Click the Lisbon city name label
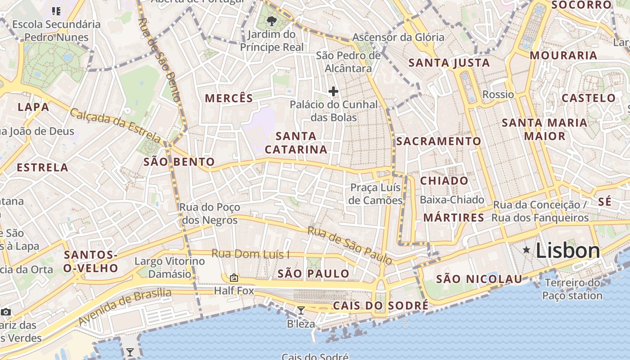[568, 251]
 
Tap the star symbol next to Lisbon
[526, 250]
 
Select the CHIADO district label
[444, 181]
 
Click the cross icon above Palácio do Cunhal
[333, 92]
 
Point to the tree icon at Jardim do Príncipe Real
[271, 21]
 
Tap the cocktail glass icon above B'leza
[301, 310]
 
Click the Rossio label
[498, 94]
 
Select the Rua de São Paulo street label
[350, 245]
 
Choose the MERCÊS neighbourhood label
[229, 98]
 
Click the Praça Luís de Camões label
[376, 194]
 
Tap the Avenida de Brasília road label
[125, 307]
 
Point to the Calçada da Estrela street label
[115, 126]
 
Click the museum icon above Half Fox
[234, 278]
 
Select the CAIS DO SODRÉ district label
[381, 306]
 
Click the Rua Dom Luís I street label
[251, 254]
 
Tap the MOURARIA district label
[563, 56]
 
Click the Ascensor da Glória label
[398, 37]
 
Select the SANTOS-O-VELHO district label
[91, 262]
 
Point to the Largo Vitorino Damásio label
[170, 268]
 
